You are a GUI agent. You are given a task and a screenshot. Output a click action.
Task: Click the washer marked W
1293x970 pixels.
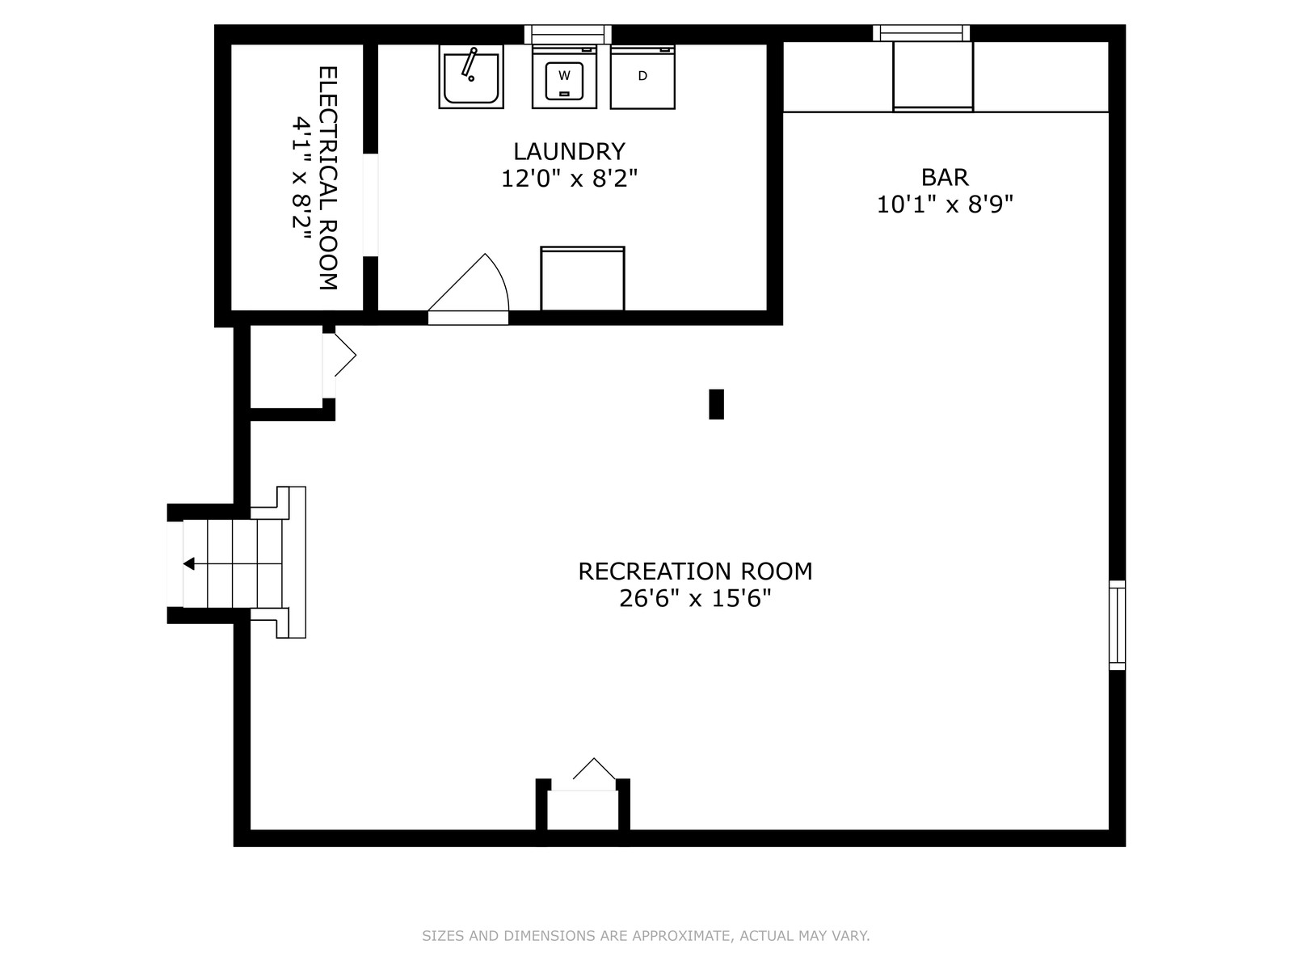click(x=564, y=77)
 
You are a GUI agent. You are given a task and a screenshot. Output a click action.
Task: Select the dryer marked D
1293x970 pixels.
click(x=642, y=77)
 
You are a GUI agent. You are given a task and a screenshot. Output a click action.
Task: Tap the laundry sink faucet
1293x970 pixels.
click(x=469, y=65)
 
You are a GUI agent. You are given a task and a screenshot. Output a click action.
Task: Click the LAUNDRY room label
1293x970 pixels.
click(x=569, y=152)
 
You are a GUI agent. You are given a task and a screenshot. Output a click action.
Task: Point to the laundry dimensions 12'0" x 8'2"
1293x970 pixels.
click(x=569, y=179)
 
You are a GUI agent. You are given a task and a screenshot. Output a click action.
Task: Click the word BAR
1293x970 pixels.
click(x=944, y=177)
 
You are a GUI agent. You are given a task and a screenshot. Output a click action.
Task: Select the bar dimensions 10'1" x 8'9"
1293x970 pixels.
click(x=944, y=205)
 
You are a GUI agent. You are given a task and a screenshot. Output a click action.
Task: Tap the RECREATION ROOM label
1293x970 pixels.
click(x=695, y=571)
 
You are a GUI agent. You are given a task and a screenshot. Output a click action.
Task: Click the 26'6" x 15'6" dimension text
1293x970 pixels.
click(x=695, y=598)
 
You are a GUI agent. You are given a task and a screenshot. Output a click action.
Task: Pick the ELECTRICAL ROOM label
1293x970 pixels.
click(x=328, y=178)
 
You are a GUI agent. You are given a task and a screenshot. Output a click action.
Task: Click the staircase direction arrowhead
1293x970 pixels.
click(x=188, y=563)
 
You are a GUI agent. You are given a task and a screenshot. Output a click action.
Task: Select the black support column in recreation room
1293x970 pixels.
click(x=716, y=404)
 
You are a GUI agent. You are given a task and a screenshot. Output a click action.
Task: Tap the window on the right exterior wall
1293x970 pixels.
click(x=1117, y=625)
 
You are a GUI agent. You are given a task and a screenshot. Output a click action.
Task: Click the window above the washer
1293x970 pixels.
click(x=567, y=34)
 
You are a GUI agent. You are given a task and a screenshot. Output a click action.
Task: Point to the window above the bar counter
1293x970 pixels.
click(x=920, y=33)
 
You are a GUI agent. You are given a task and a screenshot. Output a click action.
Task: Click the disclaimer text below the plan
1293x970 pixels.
click(x=646, y=935)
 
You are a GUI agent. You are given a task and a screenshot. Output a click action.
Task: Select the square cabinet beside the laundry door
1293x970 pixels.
click(x=582, y=279)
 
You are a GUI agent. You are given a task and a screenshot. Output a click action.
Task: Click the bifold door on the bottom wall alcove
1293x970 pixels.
click(x=594, y=770)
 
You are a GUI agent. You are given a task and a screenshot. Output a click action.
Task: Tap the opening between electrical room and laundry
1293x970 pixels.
click(x=370, y=205)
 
